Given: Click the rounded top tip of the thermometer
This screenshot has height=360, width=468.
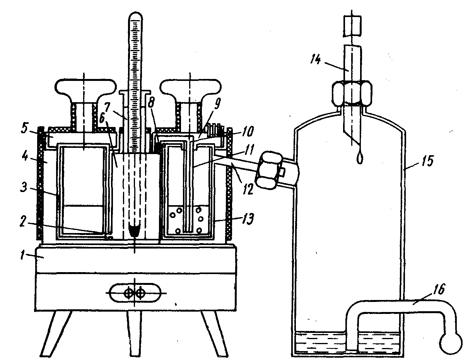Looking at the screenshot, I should pos(135,16).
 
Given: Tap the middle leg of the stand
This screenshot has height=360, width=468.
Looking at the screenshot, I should pos(134,333).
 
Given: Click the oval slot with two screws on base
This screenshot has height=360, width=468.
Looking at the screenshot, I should pos(134,293).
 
